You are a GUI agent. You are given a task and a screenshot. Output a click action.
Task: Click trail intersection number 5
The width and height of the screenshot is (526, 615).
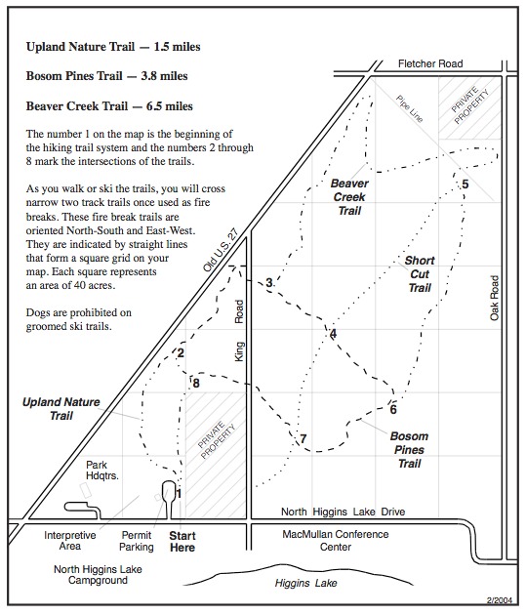click(465, 184)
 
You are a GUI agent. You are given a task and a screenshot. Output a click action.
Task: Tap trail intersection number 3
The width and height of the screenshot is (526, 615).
click(269, 282)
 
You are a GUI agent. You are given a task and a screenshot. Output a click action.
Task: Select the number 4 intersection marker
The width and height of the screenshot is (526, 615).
click(333, 334)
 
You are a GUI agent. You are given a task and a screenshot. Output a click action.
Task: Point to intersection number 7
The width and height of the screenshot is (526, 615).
click(303, 438)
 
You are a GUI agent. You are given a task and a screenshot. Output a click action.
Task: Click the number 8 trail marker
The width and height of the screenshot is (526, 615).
click(196, 384)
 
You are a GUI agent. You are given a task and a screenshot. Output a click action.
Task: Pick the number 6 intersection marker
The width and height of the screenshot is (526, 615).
click(393, 409)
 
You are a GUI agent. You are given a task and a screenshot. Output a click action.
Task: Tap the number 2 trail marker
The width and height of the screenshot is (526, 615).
click(181, 353)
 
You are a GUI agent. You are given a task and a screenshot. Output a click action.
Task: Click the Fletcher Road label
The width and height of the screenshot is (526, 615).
click(430, 63)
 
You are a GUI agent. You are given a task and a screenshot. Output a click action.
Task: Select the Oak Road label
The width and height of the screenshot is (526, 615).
click(494, 298)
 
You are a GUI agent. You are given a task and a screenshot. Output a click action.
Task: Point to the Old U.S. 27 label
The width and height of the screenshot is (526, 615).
click(221, 250)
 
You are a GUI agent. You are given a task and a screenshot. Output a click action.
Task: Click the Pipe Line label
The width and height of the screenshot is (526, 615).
click(410, 108)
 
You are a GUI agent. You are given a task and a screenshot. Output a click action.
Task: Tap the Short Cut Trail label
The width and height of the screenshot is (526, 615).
click(420, 274)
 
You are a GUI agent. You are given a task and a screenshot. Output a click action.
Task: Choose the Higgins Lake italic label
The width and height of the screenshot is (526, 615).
click(305, 583)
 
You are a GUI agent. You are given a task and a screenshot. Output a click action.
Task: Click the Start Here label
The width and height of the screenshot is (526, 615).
click(182, 542)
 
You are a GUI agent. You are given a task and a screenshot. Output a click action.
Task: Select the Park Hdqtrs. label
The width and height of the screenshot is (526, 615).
click(101, 471)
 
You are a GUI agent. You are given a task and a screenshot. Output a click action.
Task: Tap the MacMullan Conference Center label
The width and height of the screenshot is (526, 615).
click(336, 541)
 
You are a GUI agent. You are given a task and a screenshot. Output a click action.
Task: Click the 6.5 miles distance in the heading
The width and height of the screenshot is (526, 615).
click(170, 106)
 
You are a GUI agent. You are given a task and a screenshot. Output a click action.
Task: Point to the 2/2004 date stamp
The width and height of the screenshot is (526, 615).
click(500, 600)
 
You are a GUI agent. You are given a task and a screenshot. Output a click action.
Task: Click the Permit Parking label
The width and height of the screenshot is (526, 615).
click(137, 541)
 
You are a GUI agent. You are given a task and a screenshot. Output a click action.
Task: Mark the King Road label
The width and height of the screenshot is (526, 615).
click(239, 331)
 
